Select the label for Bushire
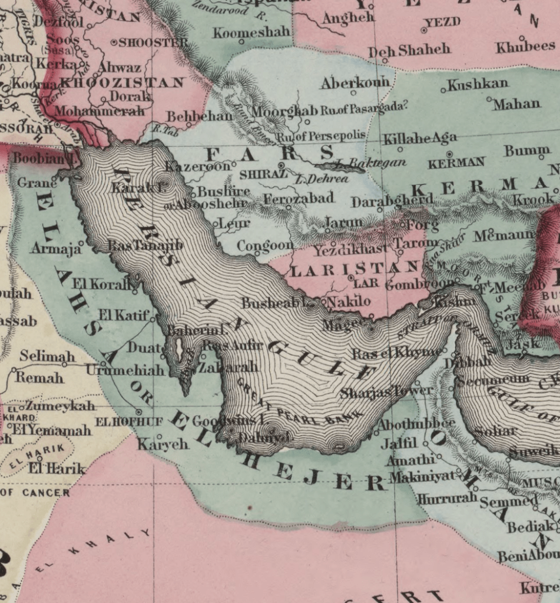(x=224, y=192)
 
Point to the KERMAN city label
(x=456, y=163)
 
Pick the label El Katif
(x=124, y=315)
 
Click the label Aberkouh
(x=352, y=83)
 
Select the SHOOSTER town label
(x=153, y=42)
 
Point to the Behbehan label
(x=199, y=116)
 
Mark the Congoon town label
(x=265, y=245)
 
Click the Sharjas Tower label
(x=386, y=391)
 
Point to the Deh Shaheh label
(x=409, y=51)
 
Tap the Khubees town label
(x=525, y=47)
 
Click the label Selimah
(x=47, y=356)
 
